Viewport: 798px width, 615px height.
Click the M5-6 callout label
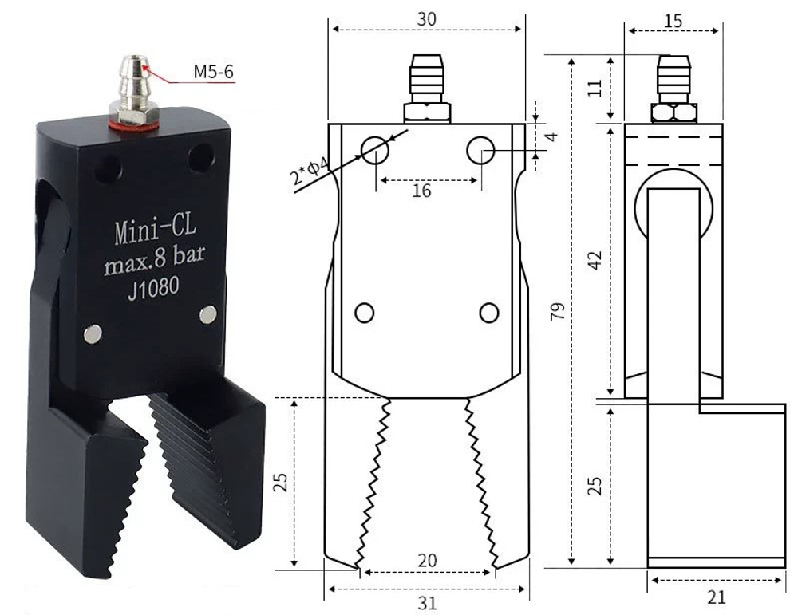click(x=213, y=72)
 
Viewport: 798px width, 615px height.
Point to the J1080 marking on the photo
click(x=152, y=290)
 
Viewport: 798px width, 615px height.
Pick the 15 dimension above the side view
click(x=673, y=20)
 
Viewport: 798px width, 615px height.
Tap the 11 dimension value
click(x=592, y=88)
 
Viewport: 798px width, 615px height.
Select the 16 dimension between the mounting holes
click(x=422, y=191)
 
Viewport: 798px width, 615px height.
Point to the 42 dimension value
click(x=593, y=260)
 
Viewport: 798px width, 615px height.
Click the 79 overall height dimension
click(x=558, y=312)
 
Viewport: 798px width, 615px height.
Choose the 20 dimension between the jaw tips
click(x=428, y=561)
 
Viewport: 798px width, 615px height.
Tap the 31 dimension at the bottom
click(x=428, y=602)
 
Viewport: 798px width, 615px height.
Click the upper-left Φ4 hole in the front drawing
click(x=374, y=149)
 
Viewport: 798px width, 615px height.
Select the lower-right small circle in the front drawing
click(x=489, y=313)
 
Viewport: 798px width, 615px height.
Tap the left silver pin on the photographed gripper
click(x=93, y=334)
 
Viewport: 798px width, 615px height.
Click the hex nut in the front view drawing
click(x=426, y=112)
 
